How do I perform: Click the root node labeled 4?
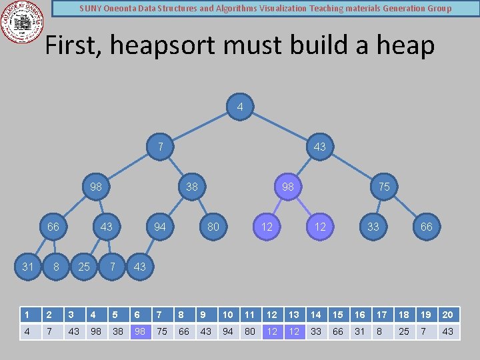(240, 107)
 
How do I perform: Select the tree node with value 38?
(192, 187)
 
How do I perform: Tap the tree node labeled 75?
(384, 187)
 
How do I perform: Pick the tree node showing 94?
(160, 227)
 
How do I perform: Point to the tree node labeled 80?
(213, 227)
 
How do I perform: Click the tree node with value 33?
(373, 227)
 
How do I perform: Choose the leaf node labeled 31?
(28, 267)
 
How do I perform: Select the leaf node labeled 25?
(84, 267)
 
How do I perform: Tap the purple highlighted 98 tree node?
(288, 187)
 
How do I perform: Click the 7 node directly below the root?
(160, 147)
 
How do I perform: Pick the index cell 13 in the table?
(294, 315)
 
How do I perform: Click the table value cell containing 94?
(228, 331)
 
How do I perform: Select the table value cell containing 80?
(250, 331)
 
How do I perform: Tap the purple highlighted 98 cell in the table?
(140, 331)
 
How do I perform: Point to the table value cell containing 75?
(162, 331)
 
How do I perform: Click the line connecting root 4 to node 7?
(200, 127)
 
